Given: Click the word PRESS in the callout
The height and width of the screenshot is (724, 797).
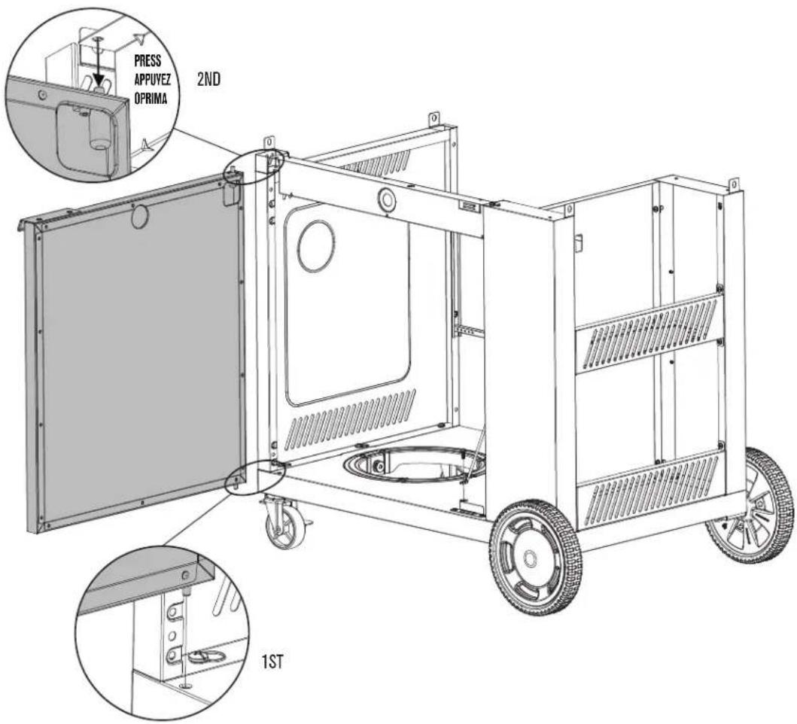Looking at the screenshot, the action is point(148,61).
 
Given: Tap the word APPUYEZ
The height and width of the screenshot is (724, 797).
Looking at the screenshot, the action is point(152,81).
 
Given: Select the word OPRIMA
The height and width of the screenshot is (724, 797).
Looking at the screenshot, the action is point(151,99).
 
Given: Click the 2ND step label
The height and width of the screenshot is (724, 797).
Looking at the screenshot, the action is point(208,79).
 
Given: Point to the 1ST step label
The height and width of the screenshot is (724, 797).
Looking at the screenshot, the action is point(272,662).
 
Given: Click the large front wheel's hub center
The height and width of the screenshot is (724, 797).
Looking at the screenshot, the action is point(530,558).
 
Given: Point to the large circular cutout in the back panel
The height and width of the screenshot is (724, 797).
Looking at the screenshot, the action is point(316,247).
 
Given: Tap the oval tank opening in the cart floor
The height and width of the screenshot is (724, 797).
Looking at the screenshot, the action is point(414,464).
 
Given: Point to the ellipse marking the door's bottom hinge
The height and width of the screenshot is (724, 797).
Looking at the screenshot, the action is point(254,476).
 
